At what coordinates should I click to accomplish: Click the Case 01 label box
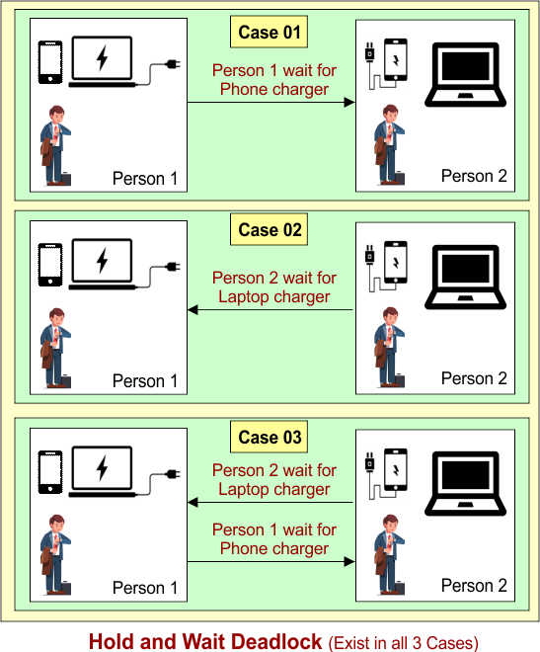tap(269, 32)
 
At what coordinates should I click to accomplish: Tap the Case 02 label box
tap(269, 229)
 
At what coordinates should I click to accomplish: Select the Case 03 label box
tap(269, 437)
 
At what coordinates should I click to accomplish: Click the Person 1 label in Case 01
tap(145, 179)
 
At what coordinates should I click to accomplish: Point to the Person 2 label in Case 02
tap(474, 378)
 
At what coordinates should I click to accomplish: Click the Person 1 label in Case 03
tap(145, 588)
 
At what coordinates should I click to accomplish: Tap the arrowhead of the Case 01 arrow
tap(349, 103)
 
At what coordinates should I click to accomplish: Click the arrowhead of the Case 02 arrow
tap(193, 310)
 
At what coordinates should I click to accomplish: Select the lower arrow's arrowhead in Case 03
tap(349, 562)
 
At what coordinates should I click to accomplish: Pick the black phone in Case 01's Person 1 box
tap(50, 62)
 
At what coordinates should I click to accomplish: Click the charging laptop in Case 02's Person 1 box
tap(103, 264)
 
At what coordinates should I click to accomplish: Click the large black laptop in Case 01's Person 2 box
tap(465, 74)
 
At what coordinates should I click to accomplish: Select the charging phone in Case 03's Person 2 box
tap(396, 470)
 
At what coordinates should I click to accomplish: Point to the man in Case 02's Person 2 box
tap(389, 347)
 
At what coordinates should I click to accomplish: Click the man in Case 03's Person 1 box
tap(55, 554)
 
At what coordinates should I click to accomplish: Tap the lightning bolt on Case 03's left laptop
tap(103, 468)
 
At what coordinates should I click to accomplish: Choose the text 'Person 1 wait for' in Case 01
tap(274, 71)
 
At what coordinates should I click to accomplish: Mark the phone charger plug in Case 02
tap(369, 255)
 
